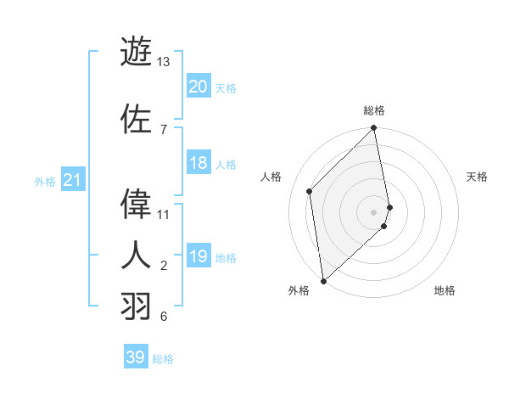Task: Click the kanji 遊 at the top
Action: (136, 51)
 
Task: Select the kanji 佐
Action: (136, 118)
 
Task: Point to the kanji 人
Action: (136, 255)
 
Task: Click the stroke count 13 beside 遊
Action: (164, 62)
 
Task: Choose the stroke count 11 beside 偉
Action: (164, 214)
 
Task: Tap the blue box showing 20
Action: (199, 87)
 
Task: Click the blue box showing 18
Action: (199, 164)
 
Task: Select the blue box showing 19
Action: (199, 257)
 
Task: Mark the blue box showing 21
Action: (72, 180)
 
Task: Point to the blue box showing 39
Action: (135, 357)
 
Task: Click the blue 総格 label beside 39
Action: (163, 359)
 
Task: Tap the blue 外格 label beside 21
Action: (45, 182)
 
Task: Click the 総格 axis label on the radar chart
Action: (374, 110)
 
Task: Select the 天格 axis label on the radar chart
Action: (478, 177)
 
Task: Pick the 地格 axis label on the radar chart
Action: (445, 290)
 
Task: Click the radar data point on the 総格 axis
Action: (374, 128)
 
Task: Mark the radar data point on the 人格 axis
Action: (310, 191)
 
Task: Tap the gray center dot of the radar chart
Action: (374, 211)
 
